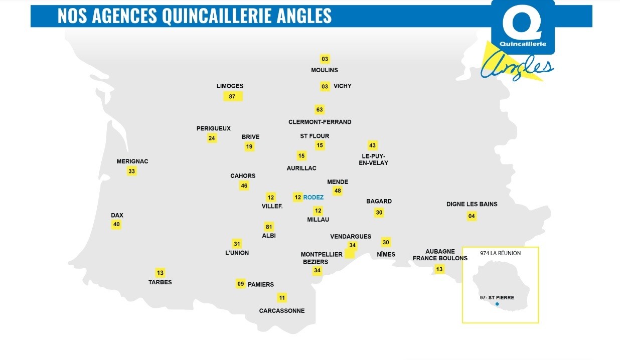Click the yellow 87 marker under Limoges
(x=232, y=96)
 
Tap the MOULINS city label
(x=325, y=70)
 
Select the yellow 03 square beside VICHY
(x=325, y=86)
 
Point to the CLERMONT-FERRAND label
(x=320, y=122)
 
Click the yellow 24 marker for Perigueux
(x=212, y=138)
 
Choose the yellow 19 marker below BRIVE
(x=249, y=146)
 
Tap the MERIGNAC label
(x=132, y=161)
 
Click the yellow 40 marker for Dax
(x=116, y=224)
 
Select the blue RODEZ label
(x=314, y=198)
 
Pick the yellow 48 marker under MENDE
(x=338, y=191)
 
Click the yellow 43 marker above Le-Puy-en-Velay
(x=372, y=145)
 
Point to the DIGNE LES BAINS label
(x=472, y=204)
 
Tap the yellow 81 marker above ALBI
(x=269, y=227)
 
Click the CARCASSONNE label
(x=282, y=311)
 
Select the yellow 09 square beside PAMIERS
(x=241, y=284)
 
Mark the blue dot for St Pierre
(x=497, y=304)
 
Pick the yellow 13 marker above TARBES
(x=160, y=273)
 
